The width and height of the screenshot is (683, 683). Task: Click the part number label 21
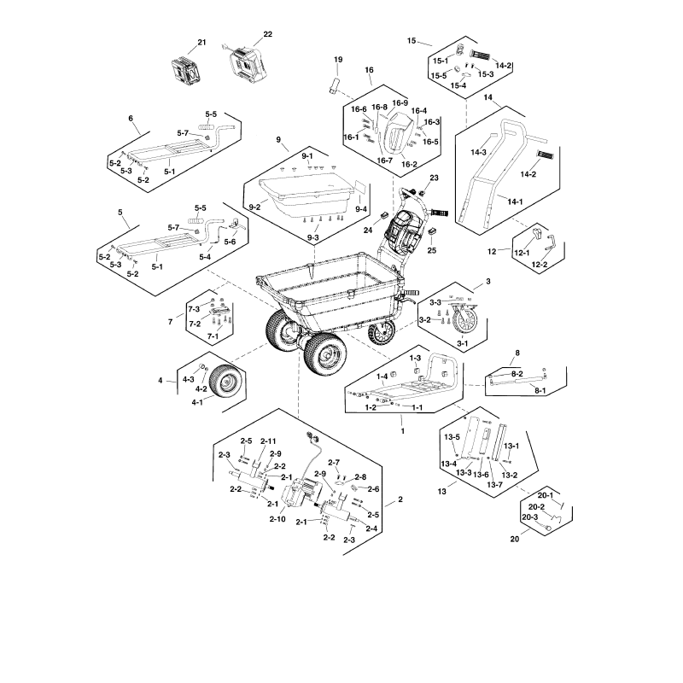[x=201, y=42]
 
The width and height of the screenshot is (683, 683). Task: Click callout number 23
[x=434, y=178]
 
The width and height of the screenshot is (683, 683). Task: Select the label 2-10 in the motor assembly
[x=277, y=519]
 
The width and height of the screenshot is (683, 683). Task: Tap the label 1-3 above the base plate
[x=416, y=356]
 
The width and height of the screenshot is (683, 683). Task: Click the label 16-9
[x=400, y=102]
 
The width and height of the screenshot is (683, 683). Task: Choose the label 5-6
[x=229, y=242]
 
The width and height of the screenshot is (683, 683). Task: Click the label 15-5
[x=440, y=76]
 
